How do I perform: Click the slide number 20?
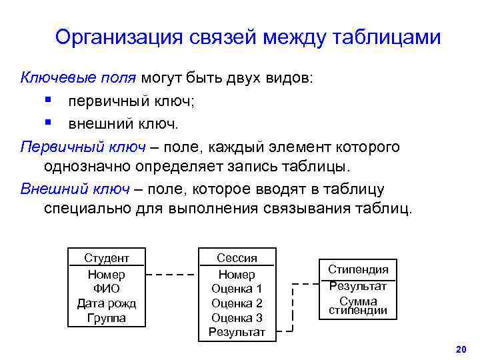(x=459, y=349)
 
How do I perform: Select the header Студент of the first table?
(x=107, y=258)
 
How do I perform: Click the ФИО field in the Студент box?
(x=107, y=289)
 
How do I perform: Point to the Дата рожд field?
(x=107, y=303)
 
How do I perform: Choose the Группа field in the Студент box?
(x=107, y=318)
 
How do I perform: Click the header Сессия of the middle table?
(x=237, y=258)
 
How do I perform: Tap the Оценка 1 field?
(x=237, y=289)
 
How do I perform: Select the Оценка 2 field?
(x=237, y=303)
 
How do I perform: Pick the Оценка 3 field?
(x=237, y=318)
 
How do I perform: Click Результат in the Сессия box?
(x=237, y=332)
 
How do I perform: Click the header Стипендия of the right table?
(x=358, y=269)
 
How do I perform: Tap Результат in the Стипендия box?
(x=358, y=286)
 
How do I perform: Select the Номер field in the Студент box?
(x=107, y=275)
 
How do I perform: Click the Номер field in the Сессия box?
(x=237, y=275)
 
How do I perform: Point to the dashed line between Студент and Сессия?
(x=171, y=274)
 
